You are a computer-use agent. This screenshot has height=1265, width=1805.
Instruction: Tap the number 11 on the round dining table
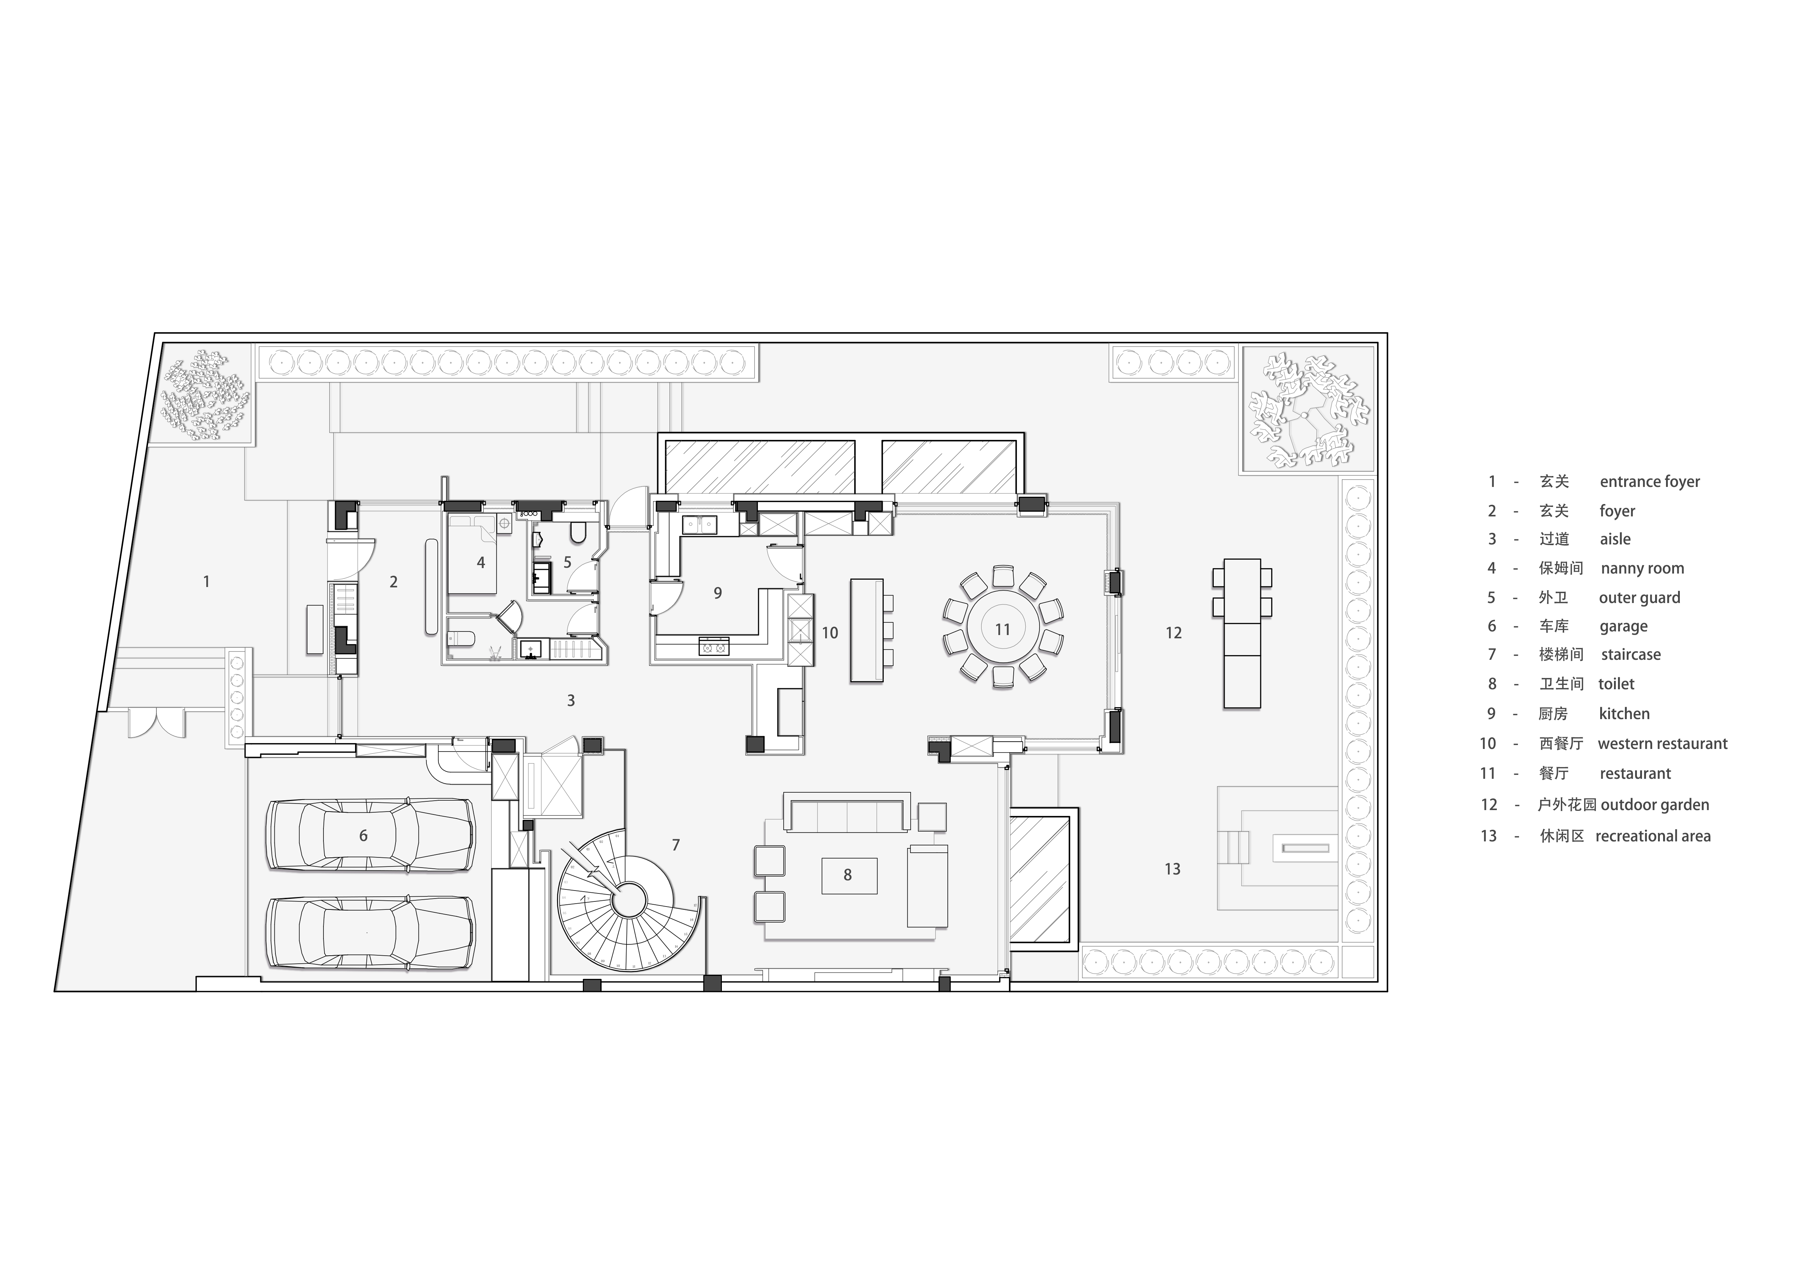[1002, 629]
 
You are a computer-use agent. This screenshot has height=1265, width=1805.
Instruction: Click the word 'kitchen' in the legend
[1624, 714]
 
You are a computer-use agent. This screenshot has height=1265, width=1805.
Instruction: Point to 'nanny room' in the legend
[1642, 568]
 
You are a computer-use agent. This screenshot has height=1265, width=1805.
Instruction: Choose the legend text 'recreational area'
[1653, 837]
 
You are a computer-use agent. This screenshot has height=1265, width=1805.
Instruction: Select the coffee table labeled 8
[849, 875]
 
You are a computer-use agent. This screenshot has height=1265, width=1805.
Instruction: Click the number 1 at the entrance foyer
[207, 582]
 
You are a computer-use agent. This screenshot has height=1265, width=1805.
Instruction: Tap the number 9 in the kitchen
[718, 593]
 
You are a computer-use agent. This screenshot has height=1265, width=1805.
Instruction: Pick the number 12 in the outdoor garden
[1174, 633]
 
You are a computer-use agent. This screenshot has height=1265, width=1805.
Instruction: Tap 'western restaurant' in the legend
[1663, 744]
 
